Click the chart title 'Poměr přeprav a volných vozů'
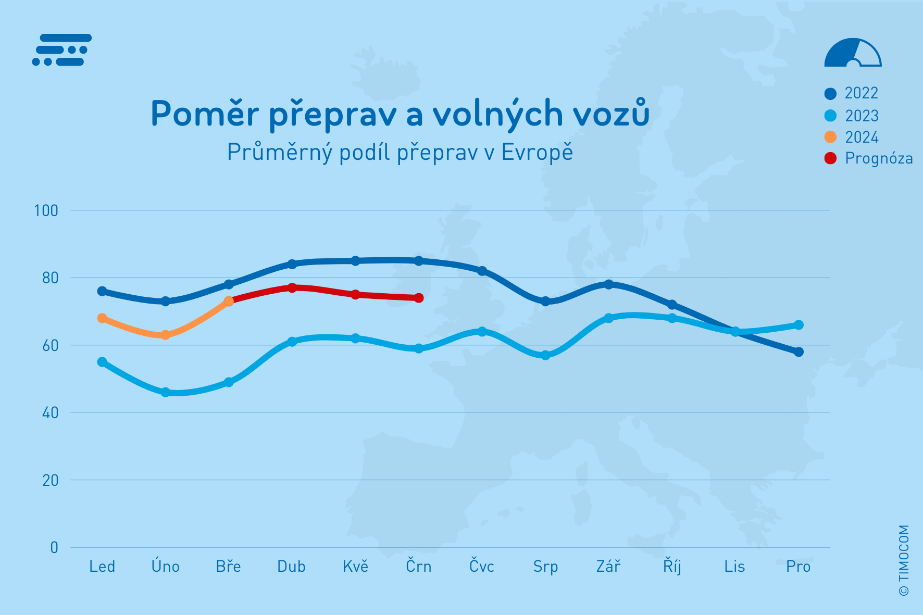(x=400, y=114)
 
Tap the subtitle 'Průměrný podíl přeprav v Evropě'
(x=400, y=152)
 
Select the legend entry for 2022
(x=852, y=93)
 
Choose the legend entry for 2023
(x=852, y=116)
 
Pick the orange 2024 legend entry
(x=852, y=137)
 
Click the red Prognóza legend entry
(x=869, y=158)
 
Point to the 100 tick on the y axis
(x=46, y=210)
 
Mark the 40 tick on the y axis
(x=50, y=413)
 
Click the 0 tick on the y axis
(x=54, y=547)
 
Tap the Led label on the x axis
(x=102, y=567)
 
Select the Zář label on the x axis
(x=608, y=567)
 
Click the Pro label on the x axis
(x=798, y=567)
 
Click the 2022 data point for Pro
(x=799, y=352)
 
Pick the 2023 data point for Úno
(x=166, y=392)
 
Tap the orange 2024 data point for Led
(x=102, y=318)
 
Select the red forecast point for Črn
(x=419, y=298)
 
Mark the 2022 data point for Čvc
(x=482, y=271)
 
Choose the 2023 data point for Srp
(x=545, y=355)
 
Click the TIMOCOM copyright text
(x=904, y=560)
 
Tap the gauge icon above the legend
(x=853, y=53)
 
